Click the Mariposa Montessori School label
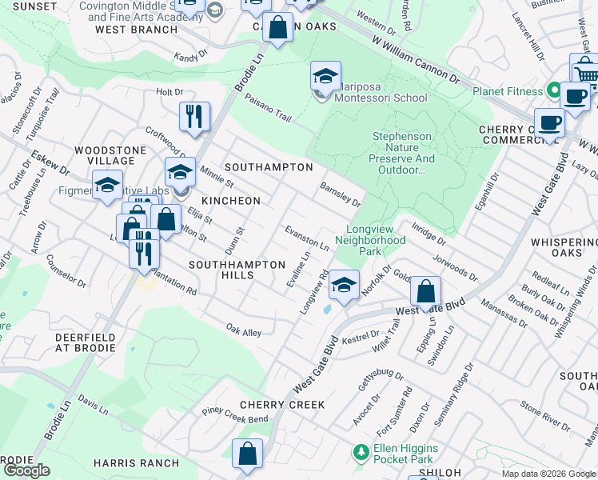374,92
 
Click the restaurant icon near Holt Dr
194,117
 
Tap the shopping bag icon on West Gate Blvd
427,290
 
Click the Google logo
26,470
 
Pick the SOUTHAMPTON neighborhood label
269,167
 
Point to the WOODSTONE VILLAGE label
110,155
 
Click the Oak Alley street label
244,330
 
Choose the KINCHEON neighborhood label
231,200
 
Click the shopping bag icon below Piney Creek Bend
248,453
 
